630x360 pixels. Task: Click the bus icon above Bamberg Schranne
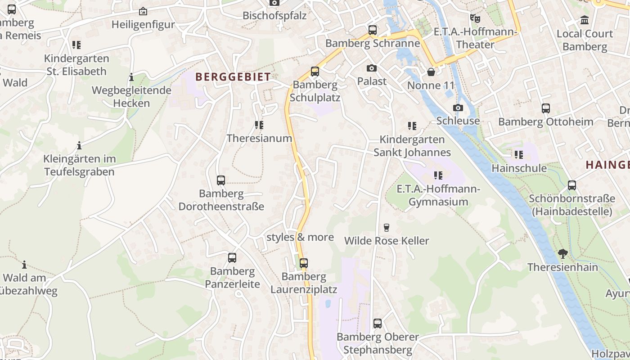point(372,30)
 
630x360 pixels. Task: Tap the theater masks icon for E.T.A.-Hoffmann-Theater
point(475,18)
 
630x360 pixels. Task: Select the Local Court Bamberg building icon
point(585,20)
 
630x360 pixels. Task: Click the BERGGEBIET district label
point(233,77)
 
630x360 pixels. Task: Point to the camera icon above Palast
point(371,68)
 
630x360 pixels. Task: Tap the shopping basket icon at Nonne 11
point(431,72)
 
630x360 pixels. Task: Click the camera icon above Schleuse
point(458,108)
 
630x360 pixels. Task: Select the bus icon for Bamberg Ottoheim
point(545,108)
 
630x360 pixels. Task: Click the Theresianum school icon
point(259,125)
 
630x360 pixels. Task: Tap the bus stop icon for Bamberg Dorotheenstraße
point(220,180)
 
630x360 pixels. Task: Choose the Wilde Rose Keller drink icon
point(386,227)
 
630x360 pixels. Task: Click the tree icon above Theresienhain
point(562,254)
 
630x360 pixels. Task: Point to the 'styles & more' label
point(300,237)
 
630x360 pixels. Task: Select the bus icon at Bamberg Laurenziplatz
point(304,263)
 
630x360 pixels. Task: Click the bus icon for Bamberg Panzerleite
point(232,258)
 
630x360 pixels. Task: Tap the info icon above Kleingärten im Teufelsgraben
point(79,145)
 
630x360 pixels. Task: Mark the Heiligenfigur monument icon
point(143,11)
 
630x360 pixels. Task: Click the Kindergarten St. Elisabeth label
point(76,65)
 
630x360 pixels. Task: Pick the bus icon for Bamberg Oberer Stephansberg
point(377,324)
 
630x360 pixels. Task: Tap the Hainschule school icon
point(519,155)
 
